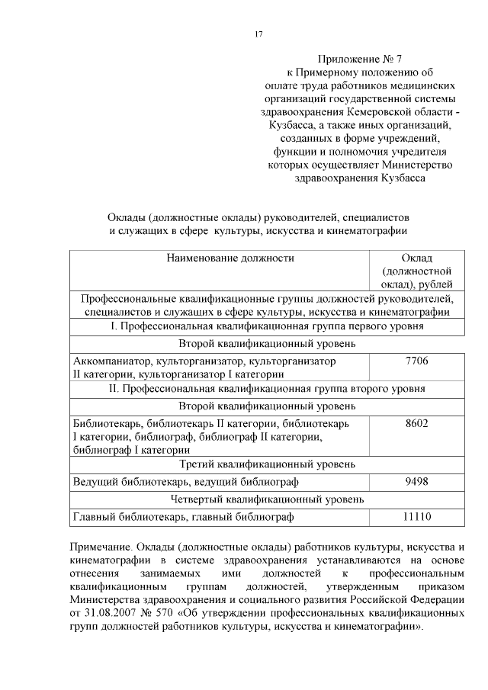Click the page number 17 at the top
[258, 34]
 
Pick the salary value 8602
[416, 422]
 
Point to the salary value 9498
[416, 482]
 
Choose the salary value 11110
[416, 517]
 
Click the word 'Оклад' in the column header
[416, 258]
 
